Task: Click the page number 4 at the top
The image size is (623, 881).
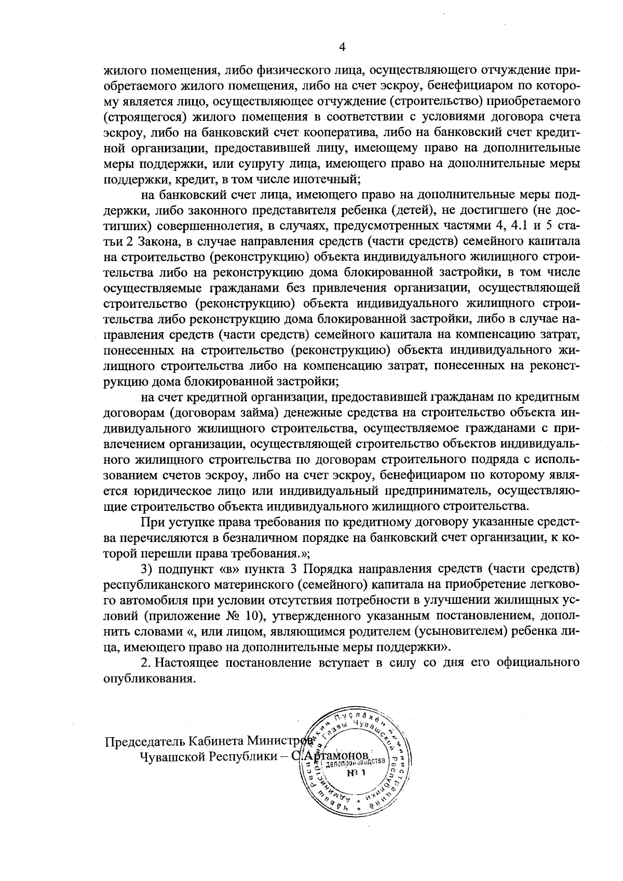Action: [342, 47]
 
